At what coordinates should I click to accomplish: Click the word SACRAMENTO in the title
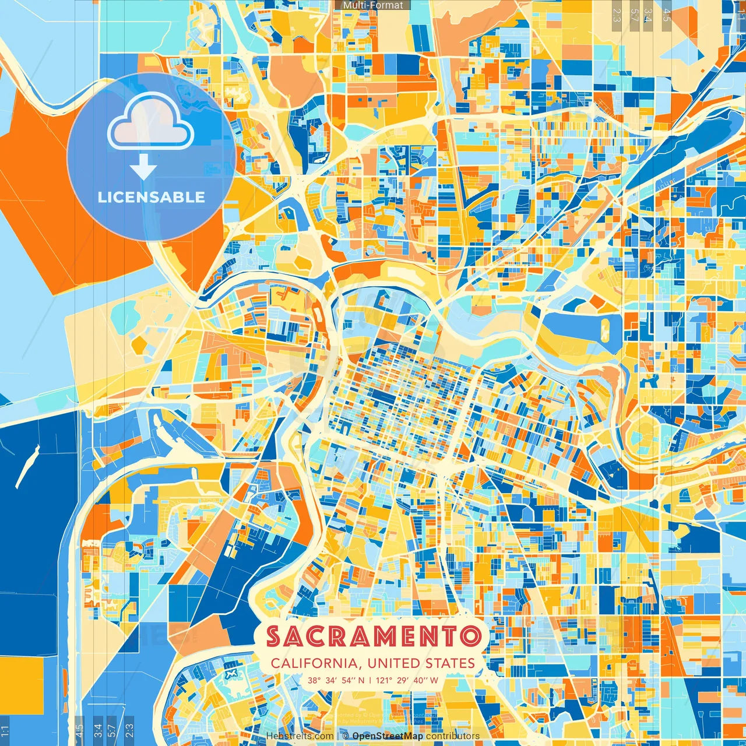tap(373, 636)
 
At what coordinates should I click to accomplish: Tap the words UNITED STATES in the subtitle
tap(421, 663)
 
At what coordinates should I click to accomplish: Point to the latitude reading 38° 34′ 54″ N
tap(337, 680)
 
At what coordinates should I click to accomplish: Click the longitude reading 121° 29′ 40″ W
tap(407, 680)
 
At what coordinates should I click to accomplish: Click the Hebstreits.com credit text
tap(300, 736)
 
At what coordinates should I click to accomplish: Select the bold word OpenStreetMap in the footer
tap(388, 736)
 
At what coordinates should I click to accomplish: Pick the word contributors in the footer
tap(453, 736)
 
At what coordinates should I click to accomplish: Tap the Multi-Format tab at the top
tap(373, 5)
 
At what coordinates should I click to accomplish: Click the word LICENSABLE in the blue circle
tap(152, 197)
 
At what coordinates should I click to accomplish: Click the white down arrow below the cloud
tap(143, 167)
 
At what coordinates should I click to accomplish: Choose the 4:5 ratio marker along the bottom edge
tap(79, 730)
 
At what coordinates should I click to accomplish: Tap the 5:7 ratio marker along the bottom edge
tap(112, 730)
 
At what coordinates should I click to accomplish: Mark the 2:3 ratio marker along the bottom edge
tap(129, 730)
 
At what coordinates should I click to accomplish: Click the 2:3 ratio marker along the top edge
tap(617, 15)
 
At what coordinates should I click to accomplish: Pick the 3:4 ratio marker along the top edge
tap(648, 15)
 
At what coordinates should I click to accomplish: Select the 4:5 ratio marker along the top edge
tap(667, 15)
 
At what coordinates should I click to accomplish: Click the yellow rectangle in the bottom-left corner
tap(22, 685)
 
